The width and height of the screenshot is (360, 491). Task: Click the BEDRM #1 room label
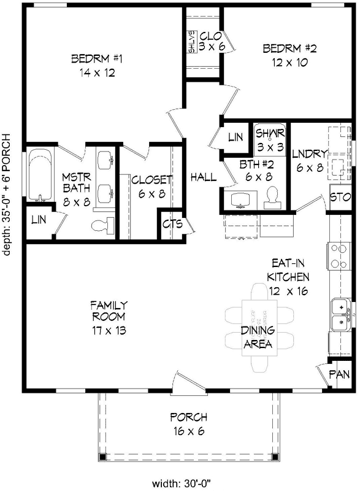pos(98,66)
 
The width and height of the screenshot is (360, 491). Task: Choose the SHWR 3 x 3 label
pos(267,140)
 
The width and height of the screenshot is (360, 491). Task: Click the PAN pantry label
pos(340,373)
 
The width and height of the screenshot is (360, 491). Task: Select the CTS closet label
pos(172,224)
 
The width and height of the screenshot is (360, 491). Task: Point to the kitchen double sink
pos(339,313)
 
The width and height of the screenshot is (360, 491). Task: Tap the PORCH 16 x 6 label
pos(188,423)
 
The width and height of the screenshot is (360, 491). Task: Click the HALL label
pos(203,177)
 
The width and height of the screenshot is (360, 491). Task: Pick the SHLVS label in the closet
pos(191,42)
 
